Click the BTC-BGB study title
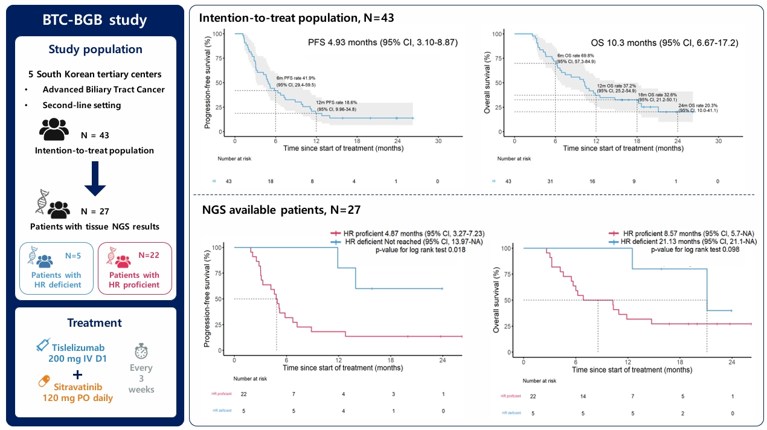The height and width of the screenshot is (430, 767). (95, 19)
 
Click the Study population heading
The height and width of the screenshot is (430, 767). (95, 49)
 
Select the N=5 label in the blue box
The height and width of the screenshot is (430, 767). (74, 255)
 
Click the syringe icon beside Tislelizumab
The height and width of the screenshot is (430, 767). (43, 345)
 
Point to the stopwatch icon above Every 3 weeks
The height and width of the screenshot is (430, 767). (141, 351)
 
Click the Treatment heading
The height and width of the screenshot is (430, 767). (95, 322)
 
